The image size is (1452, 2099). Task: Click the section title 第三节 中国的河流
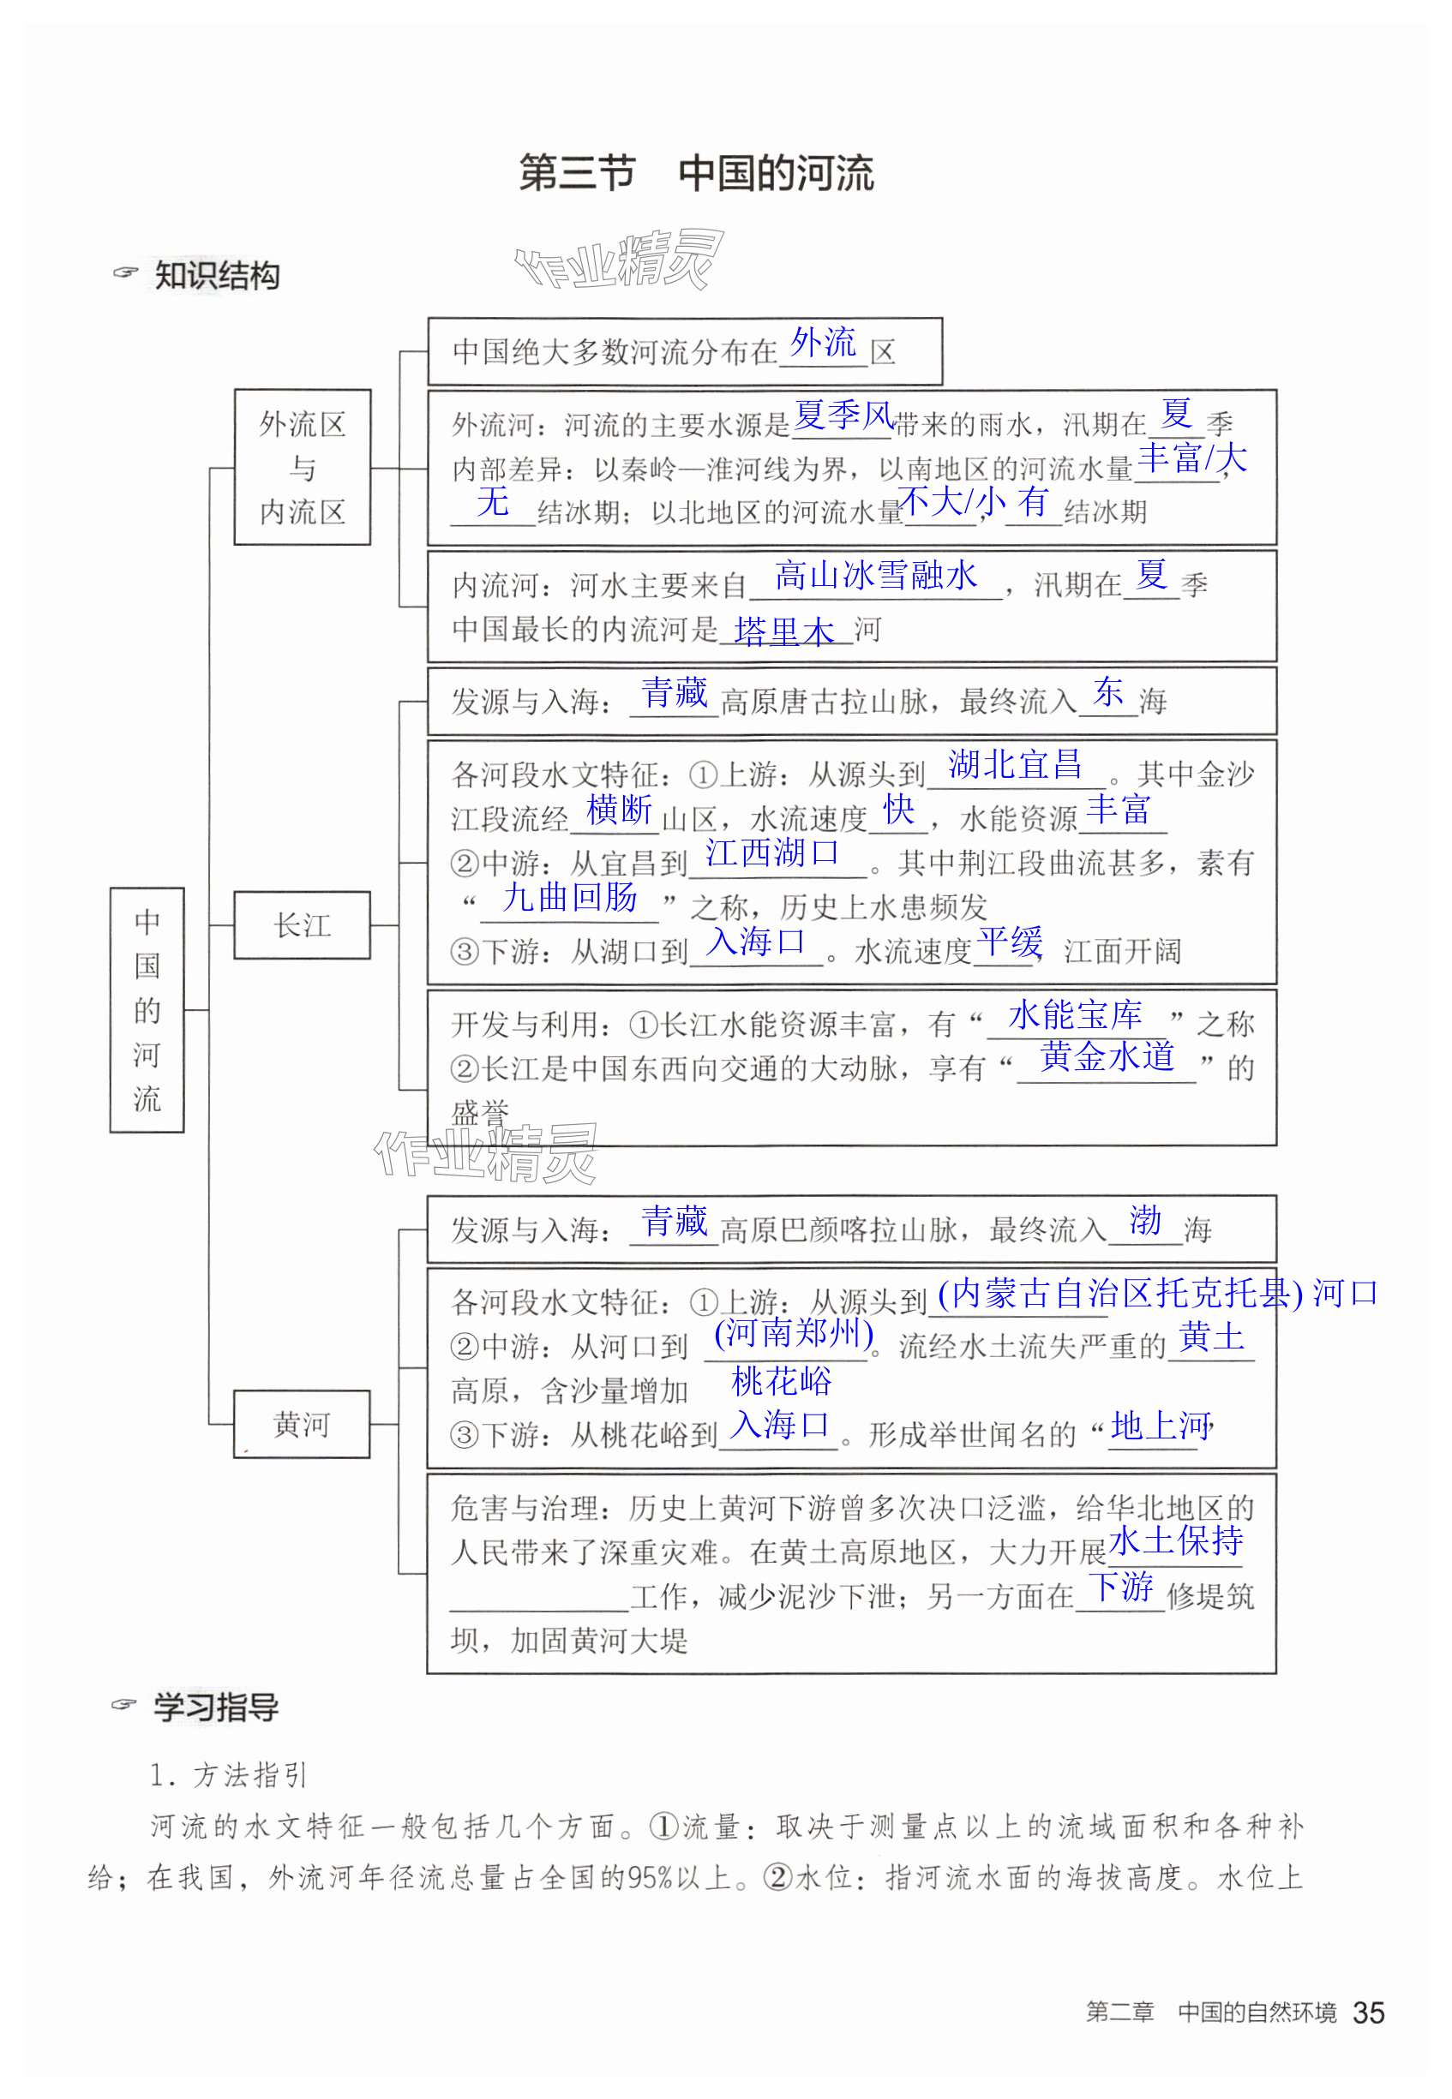696,173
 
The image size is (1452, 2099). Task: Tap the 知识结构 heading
216,275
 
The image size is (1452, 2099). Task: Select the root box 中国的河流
147,1009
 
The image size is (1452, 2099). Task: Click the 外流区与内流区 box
302,468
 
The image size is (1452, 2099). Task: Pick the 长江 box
302,925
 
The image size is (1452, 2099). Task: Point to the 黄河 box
302,1424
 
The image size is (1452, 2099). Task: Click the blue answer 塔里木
784,631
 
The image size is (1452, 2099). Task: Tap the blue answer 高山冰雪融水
875,575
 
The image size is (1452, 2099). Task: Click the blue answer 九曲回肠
569,898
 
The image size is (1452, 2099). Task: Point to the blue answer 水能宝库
1075,1014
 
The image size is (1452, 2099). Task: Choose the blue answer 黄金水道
1107,1056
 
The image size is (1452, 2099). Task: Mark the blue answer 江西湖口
772,852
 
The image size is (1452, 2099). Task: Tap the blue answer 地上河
1160,1426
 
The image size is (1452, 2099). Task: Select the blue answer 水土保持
1175,1540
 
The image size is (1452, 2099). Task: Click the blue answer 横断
620,809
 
